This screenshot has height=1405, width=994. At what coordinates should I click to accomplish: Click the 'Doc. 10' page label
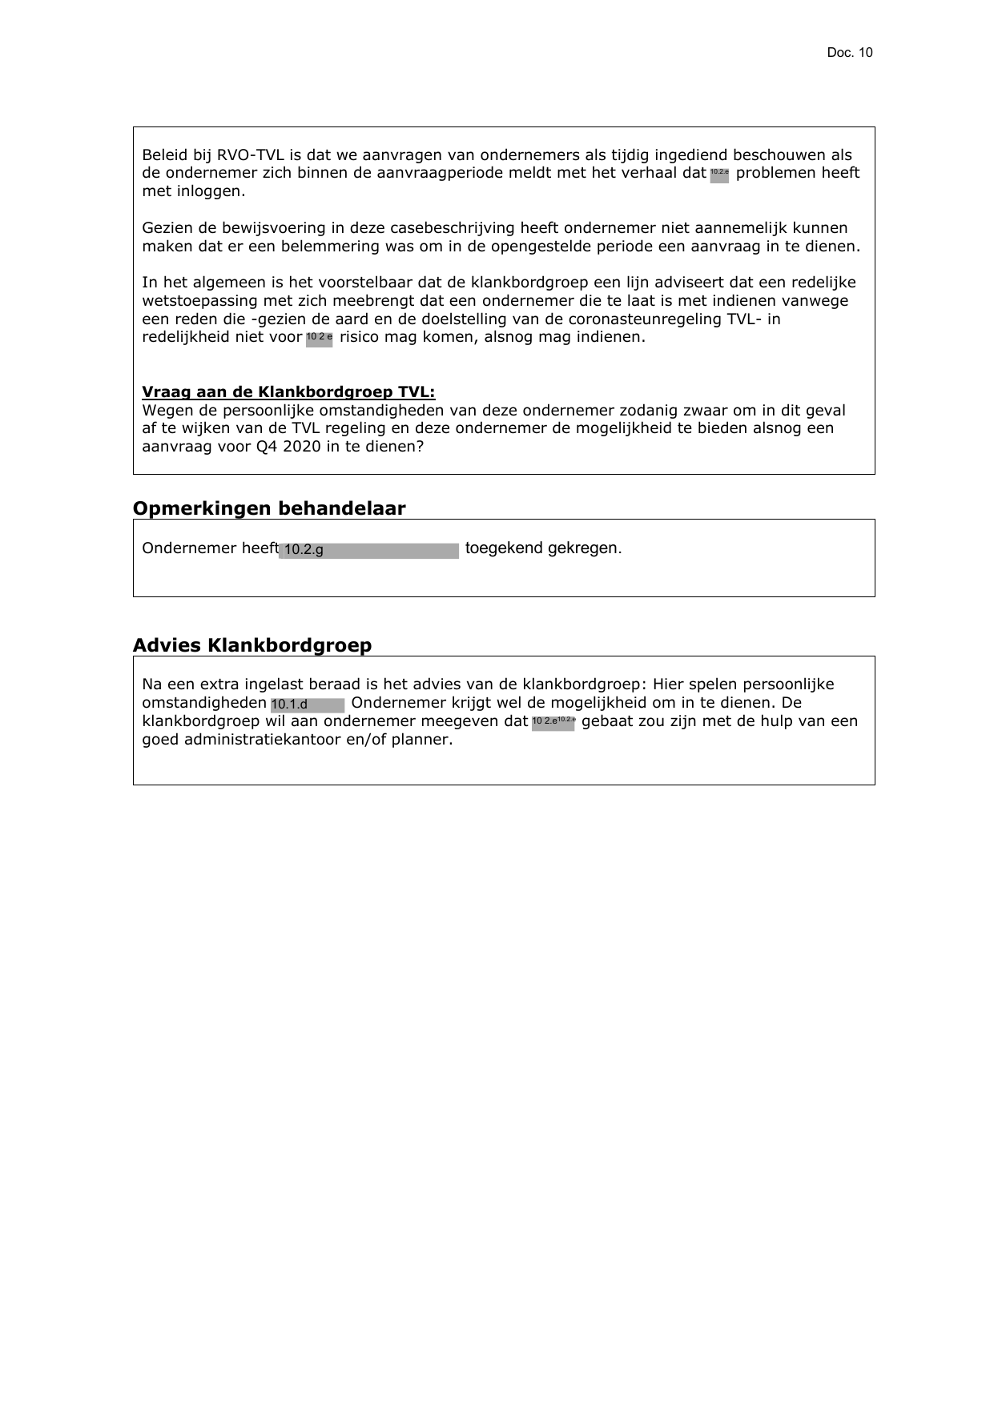pos(849,53)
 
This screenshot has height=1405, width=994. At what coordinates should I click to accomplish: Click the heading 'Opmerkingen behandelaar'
pos(269,508)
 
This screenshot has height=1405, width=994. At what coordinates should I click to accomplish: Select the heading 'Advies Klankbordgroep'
pos(252,645)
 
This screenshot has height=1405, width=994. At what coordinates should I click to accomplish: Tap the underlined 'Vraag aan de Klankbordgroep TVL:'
pos(288,392)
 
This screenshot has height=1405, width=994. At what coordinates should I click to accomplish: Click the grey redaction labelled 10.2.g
pos(368,550)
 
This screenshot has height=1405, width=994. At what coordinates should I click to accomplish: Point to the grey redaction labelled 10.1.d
pos(308,705)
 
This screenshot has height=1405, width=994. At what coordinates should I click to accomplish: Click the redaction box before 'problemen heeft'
pos(719,175)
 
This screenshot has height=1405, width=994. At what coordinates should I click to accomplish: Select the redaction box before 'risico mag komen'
pos(319,339)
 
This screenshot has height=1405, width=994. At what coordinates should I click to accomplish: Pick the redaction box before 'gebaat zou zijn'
pos(553,723)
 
